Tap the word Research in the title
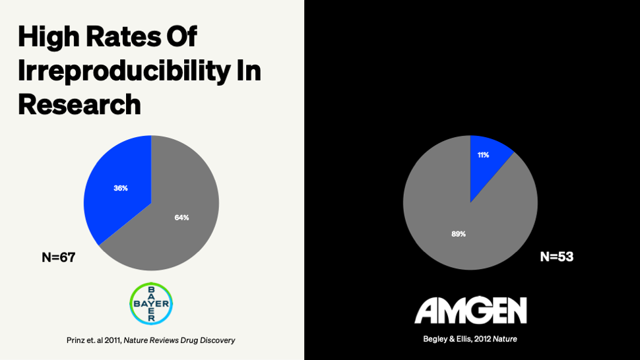pyautogui.click(x=79, y=104)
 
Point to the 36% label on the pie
pyautogui.click(x=120, y=188)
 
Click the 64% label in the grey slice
pyautogui.click(x=181, y=218)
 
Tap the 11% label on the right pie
pyautogui.click(x=484, y=155)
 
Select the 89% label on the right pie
pyautogui.click(x=459, y=233)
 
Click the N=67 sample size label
pyautogui.click(x=59, y=258)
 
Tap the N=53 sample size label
pyautogui.click(x=557, y=257)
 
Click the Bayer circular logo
pyautogui.click(x=151, y=304)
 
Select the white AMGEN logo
pyautogui.click(x=470, y=311)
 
